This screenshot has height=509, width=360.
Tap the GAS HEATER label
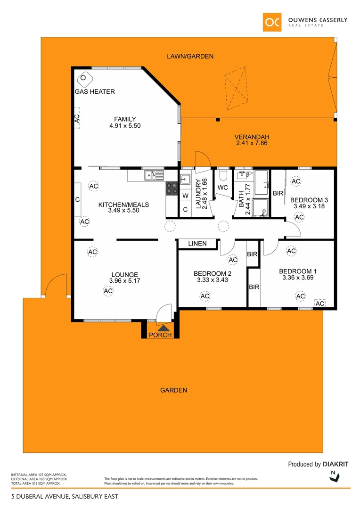pyautogui.click(x=95, y=91)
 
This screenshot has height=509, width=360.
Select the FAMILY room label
pyautogui.click(x=125, y=119)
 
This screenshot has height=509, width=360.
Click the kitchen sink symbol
pyautogui.click(x=154, y=175)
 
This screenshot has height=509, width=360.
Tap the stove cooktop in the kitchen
pyautogui.click(x=170, y=188)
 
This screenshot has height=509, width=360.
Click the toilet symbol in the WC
pyautogui.click(x=223, y=175)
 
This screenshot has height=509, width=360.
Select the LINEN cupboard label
pyautogui.click(x=197, y=244)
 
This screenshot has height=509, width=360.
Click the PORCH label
pyautogui.click(x=160, y=335)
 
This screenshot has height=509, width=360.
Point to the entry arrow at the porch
pyautogui.click(x=163, y=328)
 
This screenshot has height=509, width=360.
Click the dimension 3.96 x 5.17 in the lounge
pyautogui.click(x=124, y=281)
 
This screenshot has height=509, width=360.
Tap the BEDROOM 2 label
pyautogui.click(x=212, y=273)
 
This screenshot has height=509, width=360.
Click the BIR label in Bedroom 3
pyautogui.click(x=278, y=193)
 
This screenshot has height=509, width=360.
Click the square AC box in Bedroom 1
pyautogui.click(x=320, y=304)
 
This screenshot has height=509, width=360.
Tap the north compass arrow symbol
pyautogui.click(x=334, y=477)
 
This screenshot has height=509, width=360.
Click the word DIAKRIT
pyautogui.click(x=336, y=464)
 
